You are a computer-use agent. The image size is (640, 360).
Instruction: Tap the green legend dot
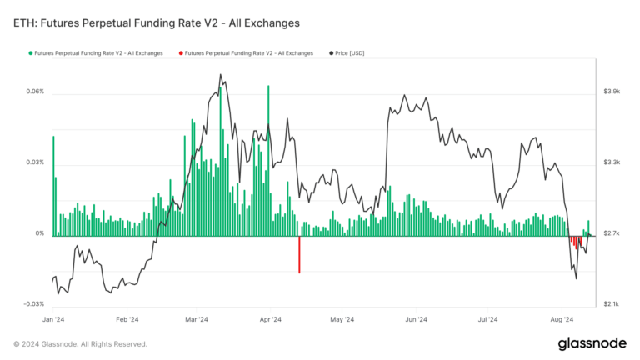31,53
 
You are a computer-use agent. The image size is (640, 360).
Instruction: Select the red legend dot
181,53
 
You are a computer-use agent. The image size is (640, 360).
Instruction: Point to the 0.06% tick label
34,92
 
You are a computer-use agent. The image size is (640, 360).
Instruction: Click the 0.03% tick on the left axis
34,162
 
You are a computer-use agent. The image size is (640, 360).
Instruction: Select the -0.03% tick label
32,304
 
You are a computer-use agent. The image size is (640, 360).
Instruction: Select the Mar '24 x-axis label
197,319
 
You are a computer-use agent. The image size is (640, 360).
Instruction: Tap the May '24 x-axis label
342,319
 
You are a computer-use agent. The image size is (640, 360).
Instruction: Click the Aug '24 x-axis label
563,319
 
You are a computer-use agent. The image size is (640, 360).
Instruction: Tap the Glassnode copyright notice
80,343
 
